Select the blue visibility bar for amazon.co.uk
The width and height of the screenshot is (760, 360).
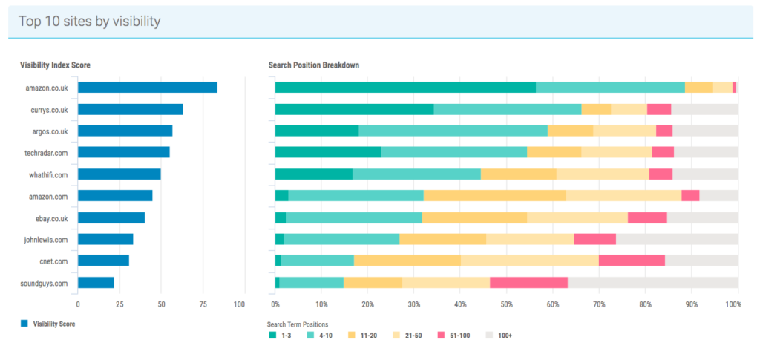tap(147, 88)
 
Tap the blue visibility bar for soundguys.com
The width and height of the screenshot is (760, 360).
tap(96, 283)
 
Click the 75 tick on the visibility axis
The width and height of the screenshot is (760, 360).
tap(199, 304)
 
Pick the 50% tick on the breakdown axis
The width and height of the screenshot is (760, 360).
tap(507, 304)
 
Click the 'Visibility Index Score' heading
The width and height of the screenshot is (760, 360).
tap(56, 65)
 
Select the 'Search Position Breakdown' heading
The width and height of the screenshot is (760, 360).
tap(314, 65)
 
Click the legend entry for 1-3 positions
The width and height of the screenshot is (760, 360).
tap(281, 336)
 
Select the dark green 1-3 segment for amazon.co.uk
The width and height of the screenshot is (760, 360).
tap(405, 88)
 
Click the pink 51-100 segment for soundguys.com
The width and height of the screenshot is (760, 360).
tap(528, 283)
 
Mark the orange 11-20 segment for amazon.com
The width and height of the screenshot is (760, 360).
tap(495, 196)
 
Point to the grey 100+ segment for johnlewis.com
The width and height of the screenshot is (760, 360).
tap(677, 239)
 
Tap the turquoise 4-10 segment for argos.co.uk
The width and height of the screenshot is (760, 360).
tap(453, 131)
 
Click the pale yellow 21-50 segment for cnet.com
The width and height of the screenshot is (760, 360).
tap(529, 261)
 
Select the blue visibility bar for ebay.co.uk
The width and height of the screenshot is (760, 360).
tap(111, 217)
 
